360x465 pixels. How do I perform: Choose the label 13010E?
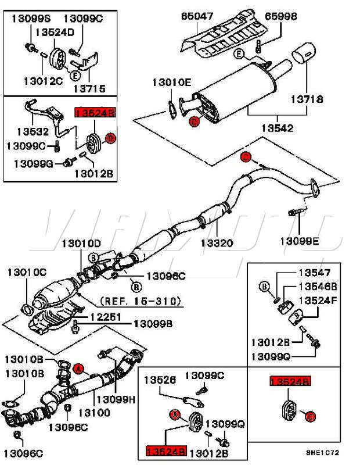coord(171,83)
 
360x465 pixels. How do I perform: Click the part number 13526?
coord(160,380)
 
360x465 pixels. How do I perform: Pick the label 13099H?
coord(116,399)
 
